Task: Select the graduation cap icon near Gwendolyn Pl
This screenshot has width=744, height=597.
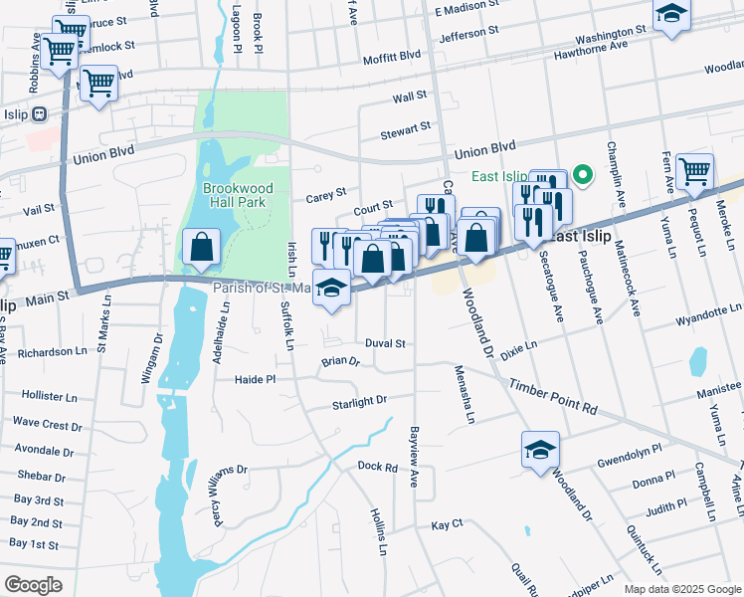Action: coord(540,449)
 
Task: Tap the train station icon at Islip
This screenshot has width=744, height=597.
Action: coord(40,112)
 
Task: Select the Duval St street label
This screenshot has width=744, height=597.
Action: coord(385,343)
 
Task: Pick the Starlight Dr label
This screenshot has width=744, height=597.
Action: coord(359,401)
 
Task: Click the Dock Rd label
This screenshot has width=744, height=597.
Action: coord(378,466)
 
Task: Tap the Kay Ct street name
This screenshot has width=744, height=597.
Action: coord(447,523)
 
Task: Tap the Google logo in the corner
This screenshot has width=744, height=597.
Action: coord(33,584)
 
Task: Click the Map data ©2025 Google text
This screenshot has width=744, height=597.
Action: coord(681,589)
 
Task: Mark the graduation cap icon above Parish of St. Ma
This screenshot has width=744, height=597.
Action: coord(331,288)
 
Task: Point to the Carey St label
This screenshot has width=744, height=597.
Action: coord(326,193)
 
